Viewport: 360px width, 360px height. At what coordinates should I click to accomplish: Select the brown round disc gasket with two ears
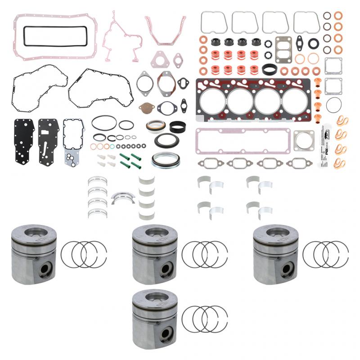pos(146,107)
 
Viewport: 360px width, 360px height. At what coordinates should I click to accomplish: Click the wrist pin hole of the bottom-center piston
pos(166,333)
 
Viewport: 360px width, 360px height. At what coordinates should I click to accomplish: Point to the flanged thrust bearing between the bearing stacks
pos(123,197)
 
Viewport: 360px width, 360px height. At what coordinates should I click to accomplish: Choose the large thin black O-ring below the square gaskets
pos(333,105)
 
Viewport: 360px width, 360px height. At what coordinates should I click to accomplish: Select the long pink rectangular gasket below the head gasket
pos(243,140)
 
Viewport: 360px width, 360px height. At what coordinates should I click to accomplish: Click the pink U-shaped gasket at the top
pos(165,30)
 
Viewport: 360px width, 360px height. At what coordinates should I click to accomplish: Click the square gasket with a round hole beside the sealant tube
pos(304,141)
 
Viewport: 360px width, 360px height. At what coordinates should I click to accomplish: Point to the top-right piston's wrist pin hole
pos(287,269)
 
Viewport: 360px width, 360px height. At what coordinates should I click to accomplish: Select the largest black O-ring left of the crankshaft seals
pos(104,122)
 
